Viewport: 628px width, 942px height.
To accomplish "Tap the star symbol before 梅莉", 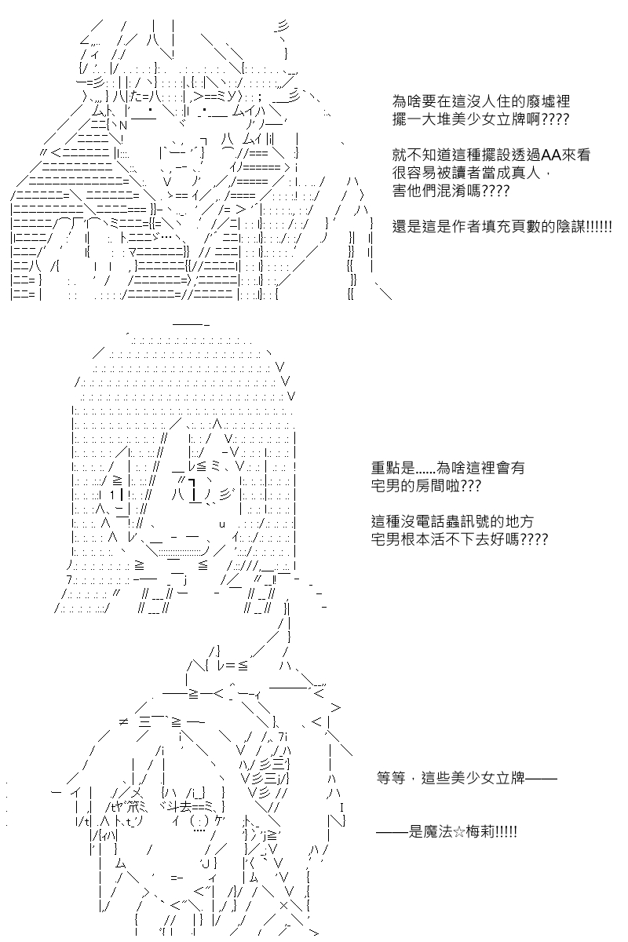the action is coord(459,832).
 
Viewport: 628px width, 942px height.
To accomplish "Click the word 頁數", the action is coord(525,227).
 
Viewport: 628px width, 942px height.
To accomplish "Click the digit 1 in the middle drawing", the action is coord(113,495).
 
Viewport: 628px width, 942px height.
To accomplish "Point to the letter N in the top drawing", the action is coord(122,126).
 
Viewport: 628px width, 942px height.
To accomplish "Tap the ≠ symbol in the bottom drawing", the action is coord(123,721).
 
